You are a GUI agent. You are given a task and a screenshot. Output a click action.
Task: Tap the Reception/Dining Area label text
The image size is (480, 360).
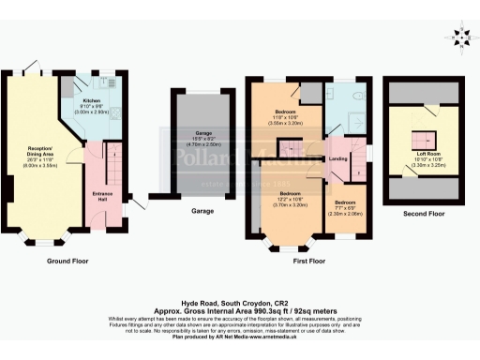(x=38, y=151)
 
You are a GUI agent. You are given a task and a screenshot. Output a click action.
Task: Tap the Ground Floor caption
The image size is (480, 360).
(x=67, y=261)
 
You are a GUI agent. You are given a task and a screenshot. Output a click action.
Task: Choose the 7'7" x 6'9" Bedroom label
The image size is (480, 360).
(x=345, y=205)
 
